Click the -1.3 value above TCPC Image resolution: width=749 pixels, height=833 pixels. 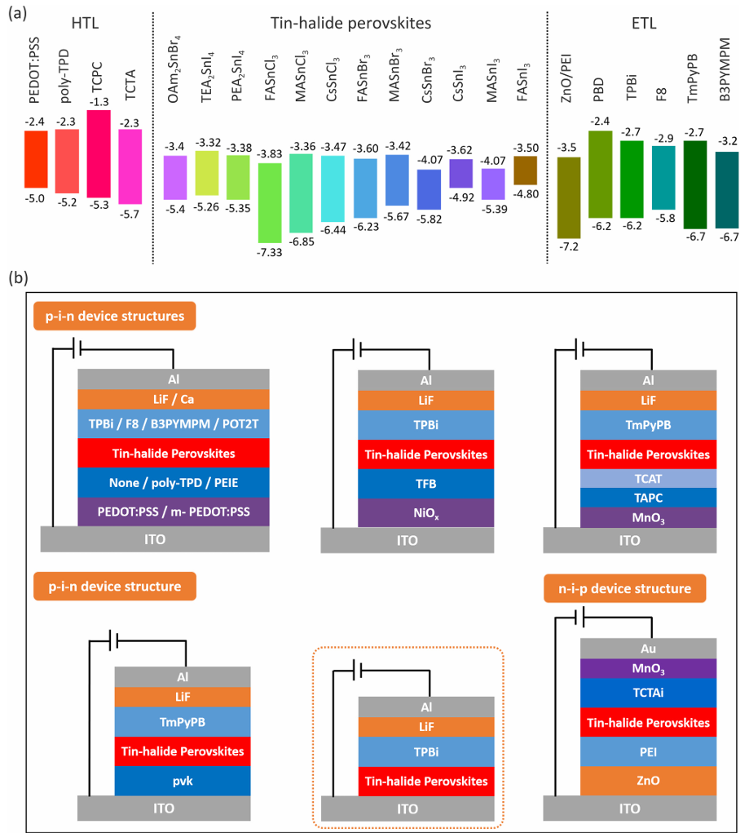tap(99, 102)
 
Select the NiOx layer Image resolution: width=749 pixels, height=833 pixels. tap(425, 514)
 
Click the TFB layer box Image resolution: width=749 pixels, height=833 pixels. tap(425, 484)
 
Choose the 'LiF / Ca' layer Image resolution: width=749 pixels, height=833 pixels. tap(174, 399)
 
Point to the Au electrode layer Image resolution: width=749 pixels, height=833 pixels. tap(648, 649)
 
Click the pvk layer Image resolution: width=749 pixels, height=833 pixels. tap(183, 780)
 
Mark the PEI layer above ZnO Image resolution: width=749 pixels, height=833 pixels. tap(648, 751)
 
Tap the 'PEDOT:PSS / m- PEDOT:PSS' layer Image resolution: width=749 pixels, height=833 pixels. tap(174, 512)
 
